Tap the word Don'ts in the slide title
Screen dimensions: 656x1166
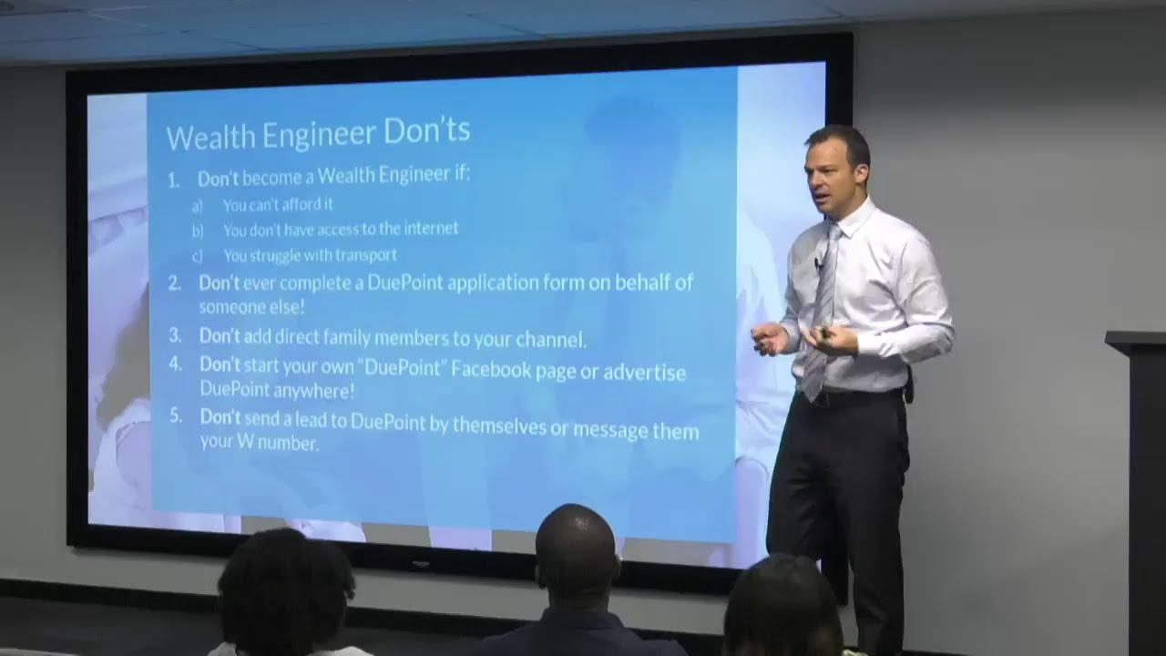pos(426,131)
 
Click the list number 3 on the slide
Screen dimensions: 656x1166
pos(176,335)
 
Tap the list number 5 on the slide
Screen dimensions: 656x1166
pos(176,416)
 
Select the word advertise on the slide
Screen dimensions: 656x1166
pos(644,372)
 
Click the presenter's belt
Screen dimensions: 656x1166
pos(847,396)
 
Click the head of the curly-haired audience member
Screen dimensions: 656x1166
pos(284,583)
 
